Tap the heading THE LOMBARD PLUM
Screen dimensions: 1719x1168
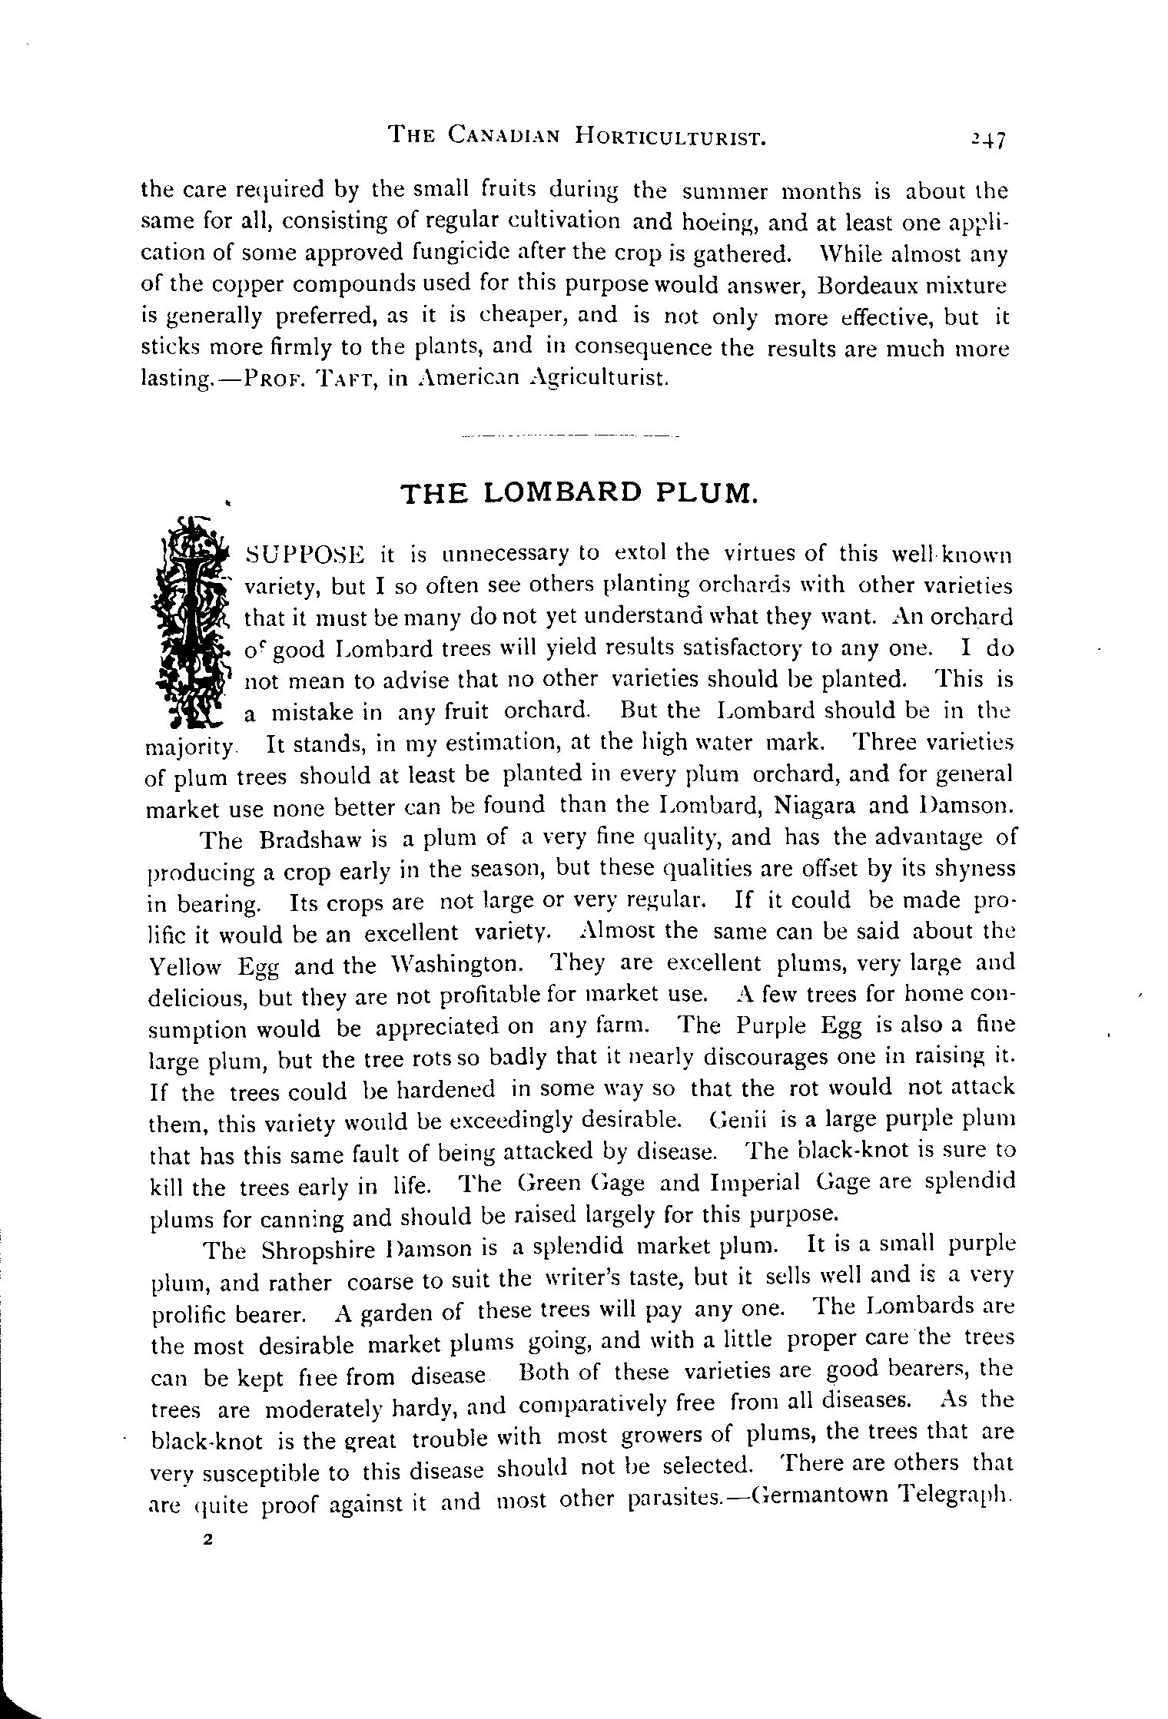coord(580,492)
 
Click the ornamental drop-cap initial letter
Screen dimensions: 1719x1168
coord(192,621)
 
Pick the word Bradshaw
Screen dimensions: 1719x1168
coord(307,840)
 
